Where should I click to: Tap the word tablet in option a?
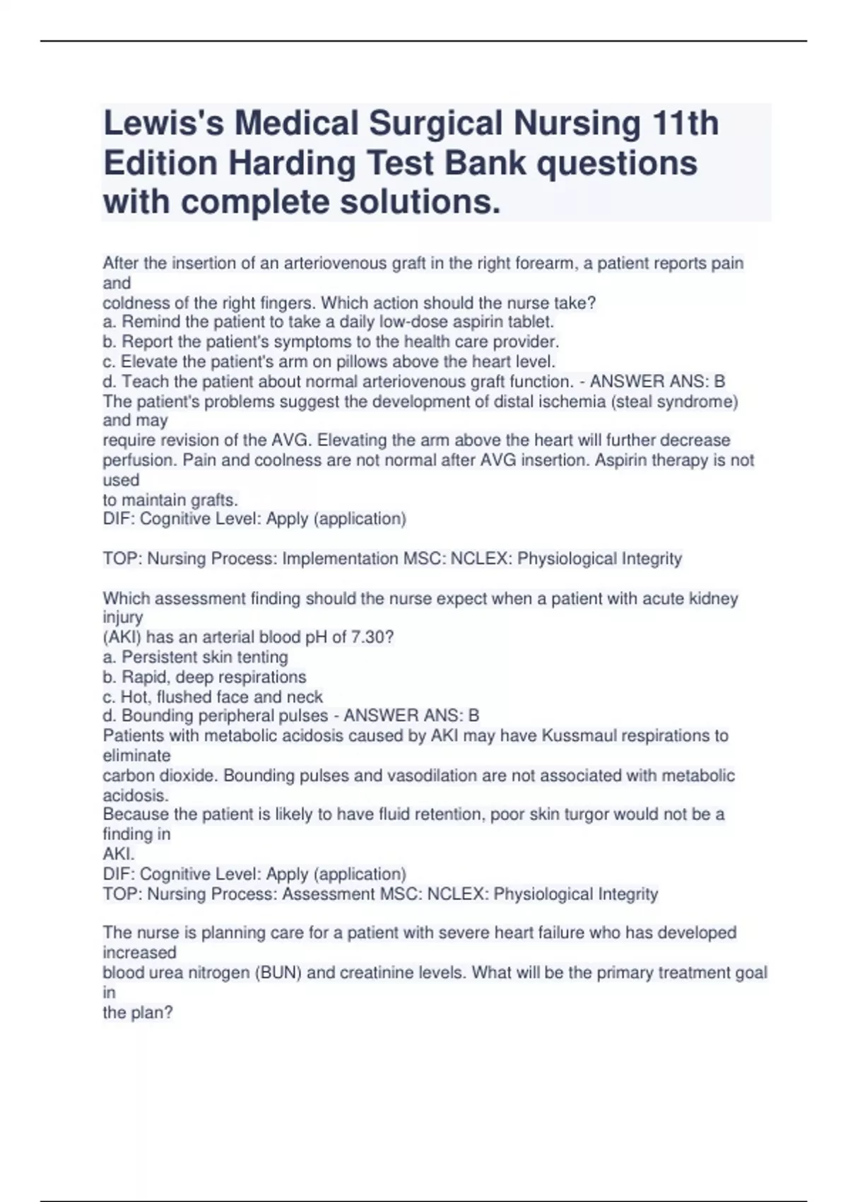530,322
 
